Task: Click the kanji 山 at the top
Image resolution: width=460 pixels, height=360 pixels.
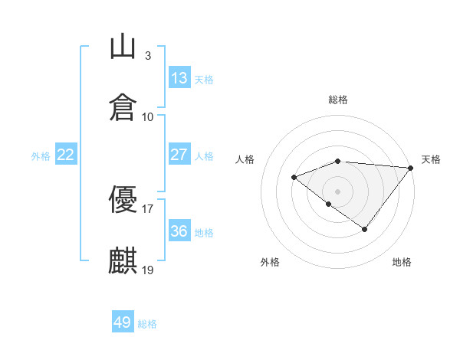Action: (123, 46)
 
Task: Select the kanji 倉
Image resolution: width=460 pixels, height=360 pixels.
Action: (123, 107)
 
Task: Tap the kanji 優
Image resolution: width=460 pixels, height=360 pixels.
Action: (123, 199)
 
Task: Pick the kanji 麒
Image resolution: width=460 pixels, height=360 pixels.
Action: (123, 260)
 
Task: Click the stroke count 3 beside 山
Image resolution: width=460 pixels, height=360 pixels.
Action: (148, 56)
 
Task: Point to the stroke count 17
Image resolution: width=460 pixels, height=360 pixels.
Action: (147, 209)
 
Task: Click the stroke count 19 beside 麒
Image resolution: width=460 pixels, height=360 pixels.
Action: (147, 270)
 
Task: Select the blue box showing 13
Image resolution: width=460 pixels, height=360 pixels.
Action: (179, 77)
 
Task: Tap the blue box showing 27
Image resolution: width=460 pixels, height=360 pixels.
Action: (179, 154)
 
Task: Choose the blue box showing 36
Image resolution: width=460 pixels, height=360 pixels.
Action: (179, 230)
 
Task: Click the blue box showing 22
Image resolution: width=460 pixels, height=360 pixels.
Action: (66, 154)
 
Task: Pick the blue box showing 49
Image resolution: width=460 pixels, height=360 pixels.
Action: (123, 321)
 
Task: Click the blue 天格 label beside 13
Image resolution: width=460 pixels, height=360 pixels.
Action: (204, 80)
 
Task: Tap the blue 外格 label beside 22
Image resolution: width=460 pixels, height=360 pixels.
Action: (41, 156)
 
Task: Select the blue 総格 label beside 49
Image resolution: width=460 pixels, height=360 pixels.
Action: (147, 324)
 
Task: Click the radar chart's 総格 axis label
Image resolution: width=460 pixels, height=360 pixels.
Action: (338, 100)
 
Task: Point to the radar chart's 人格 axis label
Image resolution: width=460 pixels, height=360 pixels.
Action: (245, 159)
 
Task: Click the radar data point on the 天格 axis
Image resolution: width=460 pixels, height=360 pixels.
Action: (411, 168)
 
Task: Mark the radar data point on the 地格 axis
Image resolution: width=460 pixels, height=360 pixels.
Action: (364, 229)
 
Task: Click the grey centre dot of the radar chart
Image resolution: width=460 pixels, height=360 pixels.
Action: (337, 191)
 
